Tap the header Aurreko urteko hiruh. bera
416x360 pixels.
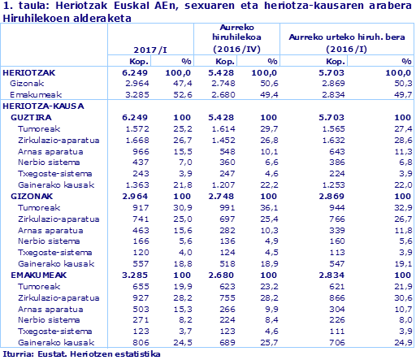coord(345,37)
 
